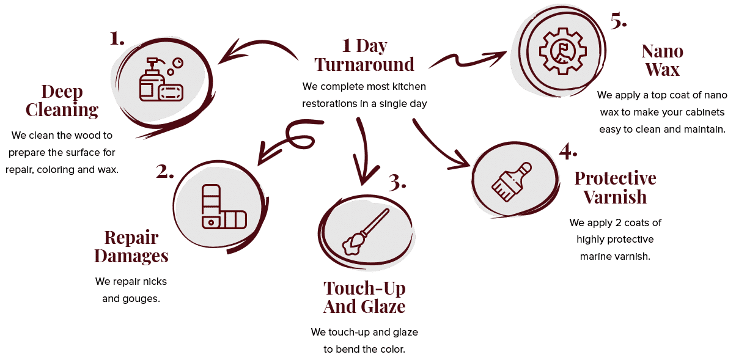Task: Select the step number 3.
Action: coord(397,182)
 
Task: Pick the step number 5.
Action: coord(619,21)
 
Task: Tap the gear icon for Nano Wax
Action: coord(561,49)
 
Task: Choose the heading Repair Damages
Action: coord(131,246)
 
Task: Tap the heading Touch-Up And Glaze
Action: coord(364,296)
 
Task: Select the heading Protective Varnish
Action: coord(615,188)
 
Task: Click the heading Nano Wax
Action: coord(662,60)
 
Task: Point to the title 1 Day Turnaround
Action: coord(364,55)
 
